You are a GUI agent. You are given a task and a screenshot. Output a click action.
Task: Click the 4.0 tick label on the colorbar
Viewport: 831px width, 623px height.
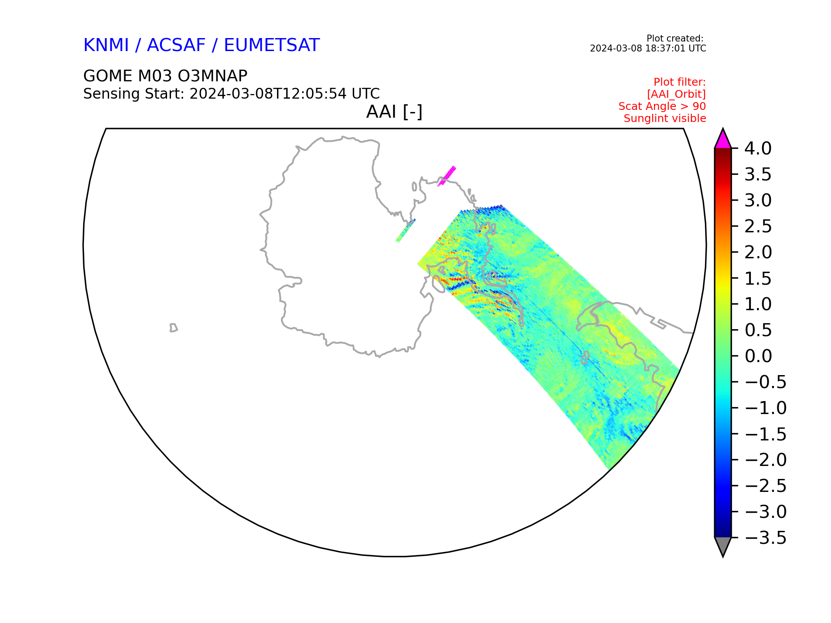point(758,148)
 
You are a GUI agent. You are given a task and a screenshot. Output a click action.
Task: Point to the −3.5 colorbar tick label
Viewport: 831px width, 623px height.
point(766,538)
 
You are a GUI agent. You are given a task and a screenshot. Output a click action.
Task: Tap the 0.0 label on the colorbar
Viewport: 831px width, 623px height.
point(758,356)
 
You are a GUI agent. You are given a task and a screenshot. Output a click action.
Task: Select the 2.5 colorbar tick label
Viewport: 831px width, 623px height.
point(758,226)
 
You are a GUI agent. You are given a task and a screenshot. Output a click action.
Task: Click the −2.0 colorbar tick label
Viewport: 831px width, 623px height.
point(766,460)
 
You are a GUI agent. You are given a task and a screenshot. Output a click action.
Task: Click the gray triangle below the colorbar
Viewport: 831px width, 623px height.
point(723,546)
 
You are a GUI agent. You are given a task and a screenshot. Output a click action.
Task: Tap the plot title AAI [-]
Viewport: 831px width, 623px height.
point(394,112)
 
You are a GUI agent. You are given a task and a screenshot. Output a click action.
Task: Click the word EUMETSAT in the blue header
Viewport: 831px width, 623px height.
point(272,45)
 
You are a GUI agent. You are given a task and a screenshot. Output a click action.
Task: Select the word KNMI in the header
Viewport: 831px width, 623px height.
point(106,45)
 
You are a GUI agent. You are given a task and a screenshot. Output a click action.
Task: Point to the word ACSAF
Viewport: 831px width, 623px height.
point(177,45)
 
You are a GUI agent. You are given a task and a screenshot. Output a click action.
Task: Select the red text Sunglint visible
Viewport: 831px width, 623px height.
point(665,119)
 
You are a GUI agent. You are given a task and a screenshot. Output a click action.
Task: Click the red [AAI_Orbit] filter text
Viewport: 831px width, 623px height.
point(676,94)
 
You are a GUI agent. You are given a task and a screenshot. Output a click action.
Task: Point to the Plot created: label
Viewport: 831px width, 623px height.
point(675,39)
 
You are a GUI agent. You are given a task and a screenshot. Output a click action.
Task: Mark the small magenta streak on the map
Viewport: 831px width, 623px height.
point(447,176)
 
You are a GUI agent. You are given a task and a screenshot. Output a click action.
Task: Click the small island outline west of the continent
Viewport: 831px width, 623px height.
point(174,328)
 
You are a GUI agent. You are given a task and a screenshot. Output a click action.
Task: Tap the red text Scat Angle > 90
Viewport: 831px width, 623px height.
point(662,106)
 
